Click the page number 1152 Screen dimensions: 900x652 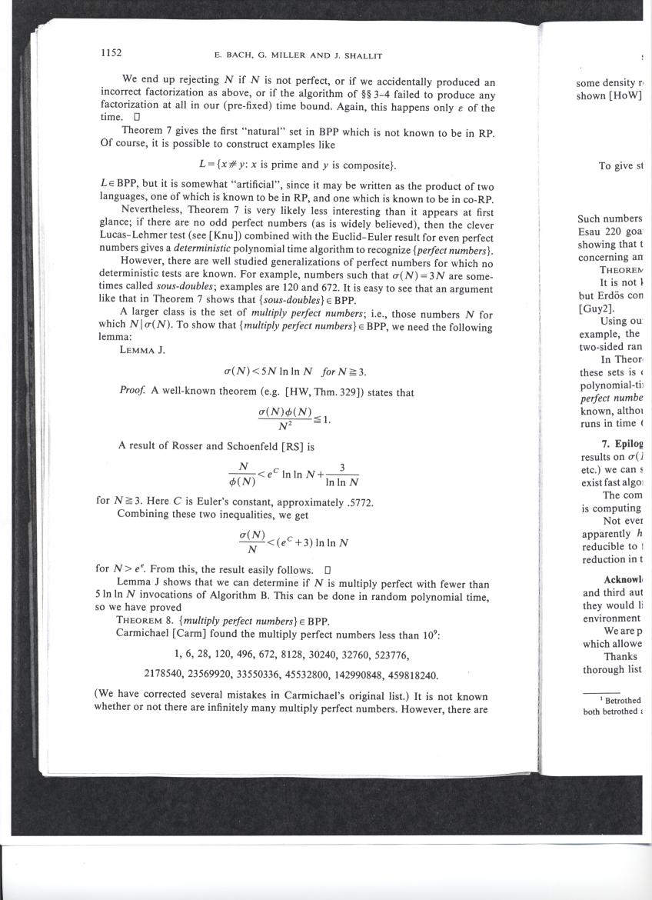[111, 53]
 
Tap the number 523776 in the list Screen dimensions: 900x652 [421, 655]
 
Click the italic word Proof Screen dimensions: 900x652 [132, 392]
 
